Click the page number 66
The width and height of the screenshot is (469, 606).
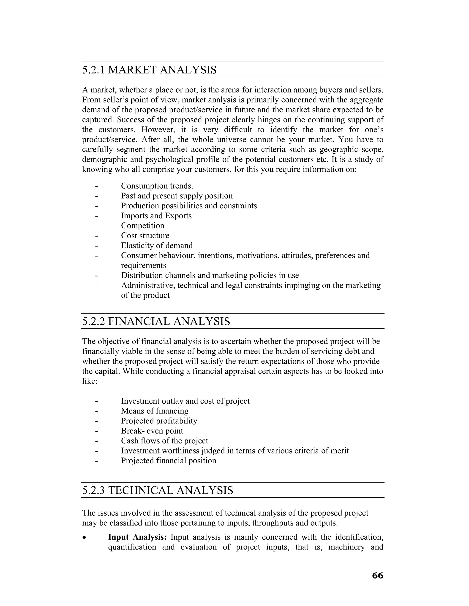click(x=377, y=576)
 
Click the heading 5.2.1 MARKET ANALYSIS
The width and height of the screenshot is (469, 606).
click(x=149, y=70)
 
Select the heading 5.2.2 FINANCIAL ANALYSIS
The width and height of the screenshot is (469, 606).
click(x=156, y=321)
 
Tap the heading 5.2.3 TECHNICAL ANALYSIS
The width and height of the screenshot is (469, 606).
click(x=158, y=490)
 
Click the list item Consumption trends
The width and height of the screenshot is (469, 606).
click(x=157, y=186)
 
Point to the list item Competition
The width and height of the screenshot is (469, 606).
click(x=142, y=225)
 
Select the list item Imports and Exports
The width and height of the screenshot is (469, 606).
click(x=156, y=216)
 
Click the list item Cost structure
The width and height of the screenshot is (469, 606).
click(x=145, y=235)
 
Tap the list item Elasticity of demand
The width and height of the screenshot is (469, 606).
click(x=157, y=245)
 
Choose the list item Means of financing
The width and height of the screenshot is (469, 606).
click(x=155, y=411)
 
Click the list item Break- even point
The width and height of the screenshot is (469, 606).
click(x=152, y=431)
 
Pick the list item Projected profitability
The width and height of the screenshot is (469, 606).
click(x=159, y=421)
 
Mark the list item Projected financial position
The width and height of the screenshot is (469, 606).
click(x=168, y=461)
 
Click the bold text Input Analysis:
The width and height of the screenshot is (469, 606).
click(x=137, y=537)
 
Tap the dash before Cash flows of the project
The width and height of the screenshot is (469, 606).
click(x=96, y=441)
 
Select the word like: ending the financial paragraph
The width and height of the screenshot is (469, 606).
click(x=90, y=381)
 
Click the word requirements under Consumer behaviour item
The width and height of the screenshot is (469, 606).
click(x=143, y=265)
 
